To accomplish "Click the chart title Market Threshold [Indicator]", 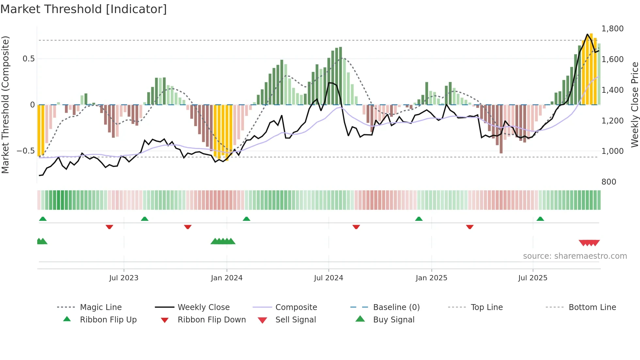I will click(x=84, y=9).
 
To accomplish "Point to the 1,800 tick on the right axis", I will click(x=612, y=29).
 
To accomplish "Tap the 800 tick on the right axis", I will click(x=609, y=182).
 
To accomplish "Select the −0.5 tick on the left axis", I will click(x=25, y=151).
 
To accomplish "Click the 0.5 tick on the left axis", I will click(x=28, y=59).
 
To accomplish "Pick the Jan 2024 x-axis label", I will click(x=227, y=278).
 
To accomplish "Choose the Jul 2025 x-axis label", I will click(x=533, y=278).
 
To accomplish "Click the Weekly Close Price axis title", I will click(x=634, y=105).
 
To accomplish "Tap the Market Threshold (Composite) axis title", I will click(x=5, y=105).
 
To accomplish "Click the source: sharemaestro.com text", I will click(x=575, y=256).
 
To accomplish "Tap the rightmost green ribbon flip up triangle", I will click(x=540, y=219).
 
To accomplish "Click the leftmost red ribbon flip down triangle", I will click(x=109, y=227).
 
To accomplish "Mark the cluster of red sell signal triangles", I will click(x=589, y=243).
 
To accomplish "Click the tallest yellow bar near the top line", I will click(x=591, y=69).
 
